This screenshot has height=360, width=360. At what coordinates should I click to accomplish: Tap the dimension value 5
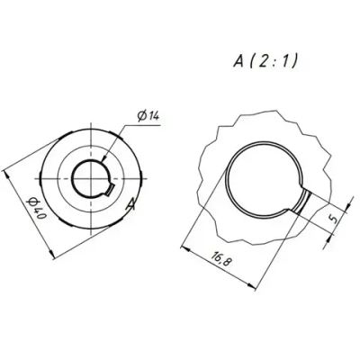(331, 218)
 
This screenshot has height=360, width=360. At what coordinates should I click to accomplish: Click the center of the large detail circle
(266, 178)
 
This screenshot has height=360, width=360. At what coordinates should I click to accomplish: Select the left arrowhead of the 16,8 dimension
(182, 241)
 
